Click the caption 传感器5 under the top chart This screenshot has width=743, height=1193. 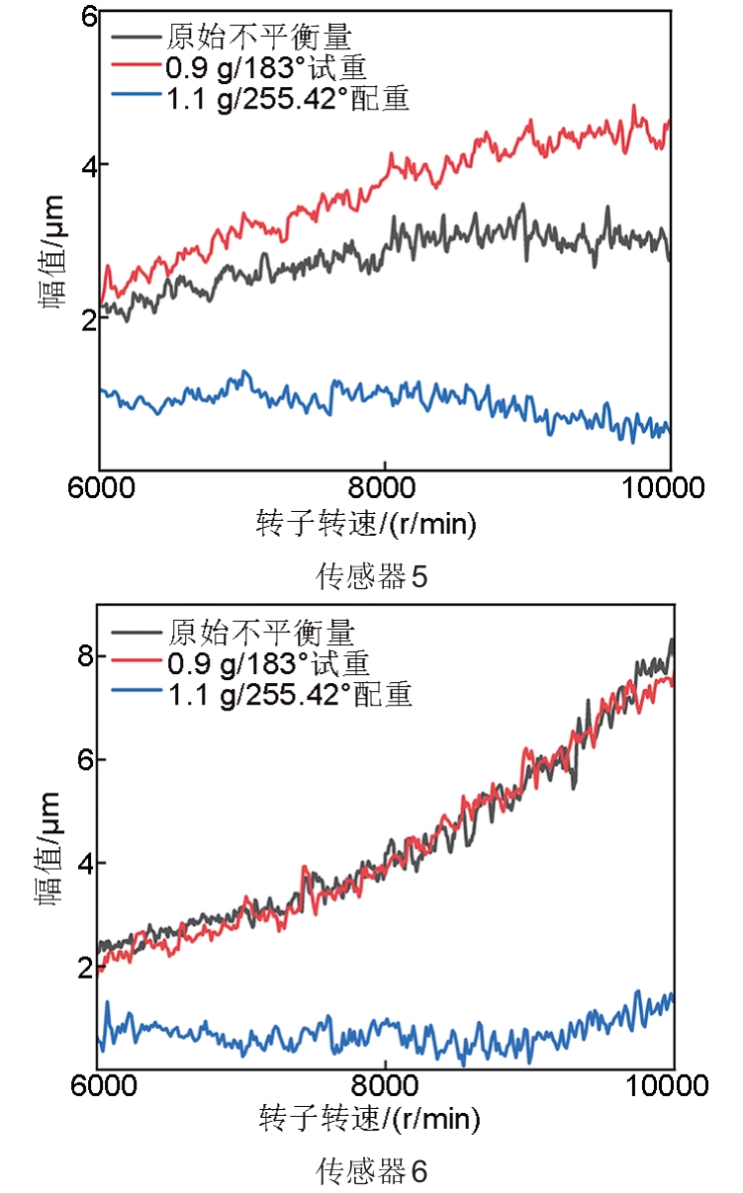371,576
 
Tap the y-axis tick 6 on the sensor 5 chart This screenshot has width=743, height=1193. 88,17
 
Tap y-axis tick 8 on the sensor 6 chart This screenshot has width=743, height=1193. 84,656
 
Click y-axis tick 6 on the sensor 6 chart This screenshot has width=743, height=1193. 84,760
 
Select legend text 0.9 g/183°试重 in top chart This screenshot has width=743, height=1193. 267,68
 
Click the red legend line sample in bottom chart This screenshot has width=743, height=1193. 136,659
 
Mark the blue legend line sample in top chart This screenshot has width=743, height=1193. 136,97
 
